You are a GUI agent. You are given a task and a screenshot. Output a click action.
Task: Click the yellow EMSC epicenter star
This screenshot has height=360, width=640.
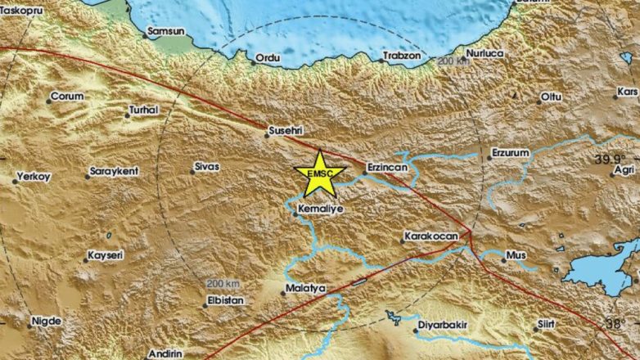point(315,173)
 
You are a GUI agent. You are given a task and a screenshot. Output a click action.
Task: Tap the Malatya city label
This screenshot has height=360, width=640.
point(305,289)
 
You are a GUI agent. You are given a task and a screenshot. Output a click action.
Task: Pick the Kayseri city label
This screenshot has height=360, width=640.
point(106,256)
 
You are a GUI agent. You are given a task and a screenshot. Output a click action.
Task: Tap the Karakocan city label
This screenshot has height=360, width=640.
point(430,237)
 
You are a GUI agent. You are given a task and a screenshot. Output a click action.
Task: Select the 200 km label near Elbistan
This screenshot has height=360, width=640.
point(222,283)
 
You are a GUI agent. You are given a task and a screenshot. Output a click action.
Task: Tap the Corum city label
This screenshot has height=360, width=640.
point(68,96)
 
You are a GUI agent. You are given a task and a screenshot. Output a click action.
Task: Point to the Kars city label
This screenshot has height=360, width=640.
point(628,92)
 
